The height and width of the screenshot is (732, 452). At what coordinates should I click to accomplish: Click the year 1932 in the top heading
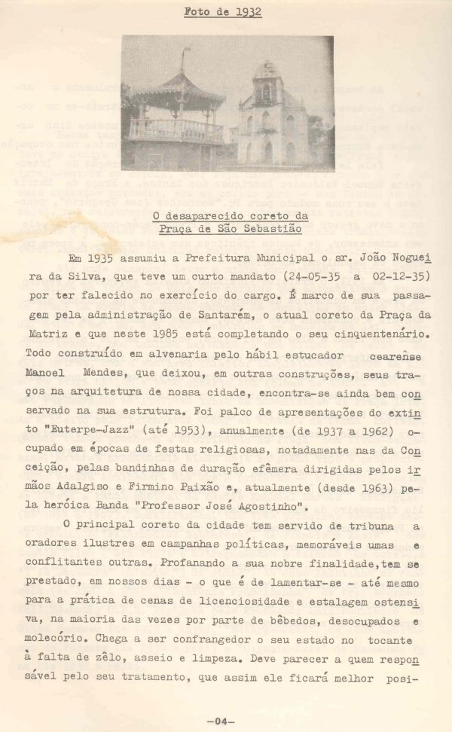(247, 12)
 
